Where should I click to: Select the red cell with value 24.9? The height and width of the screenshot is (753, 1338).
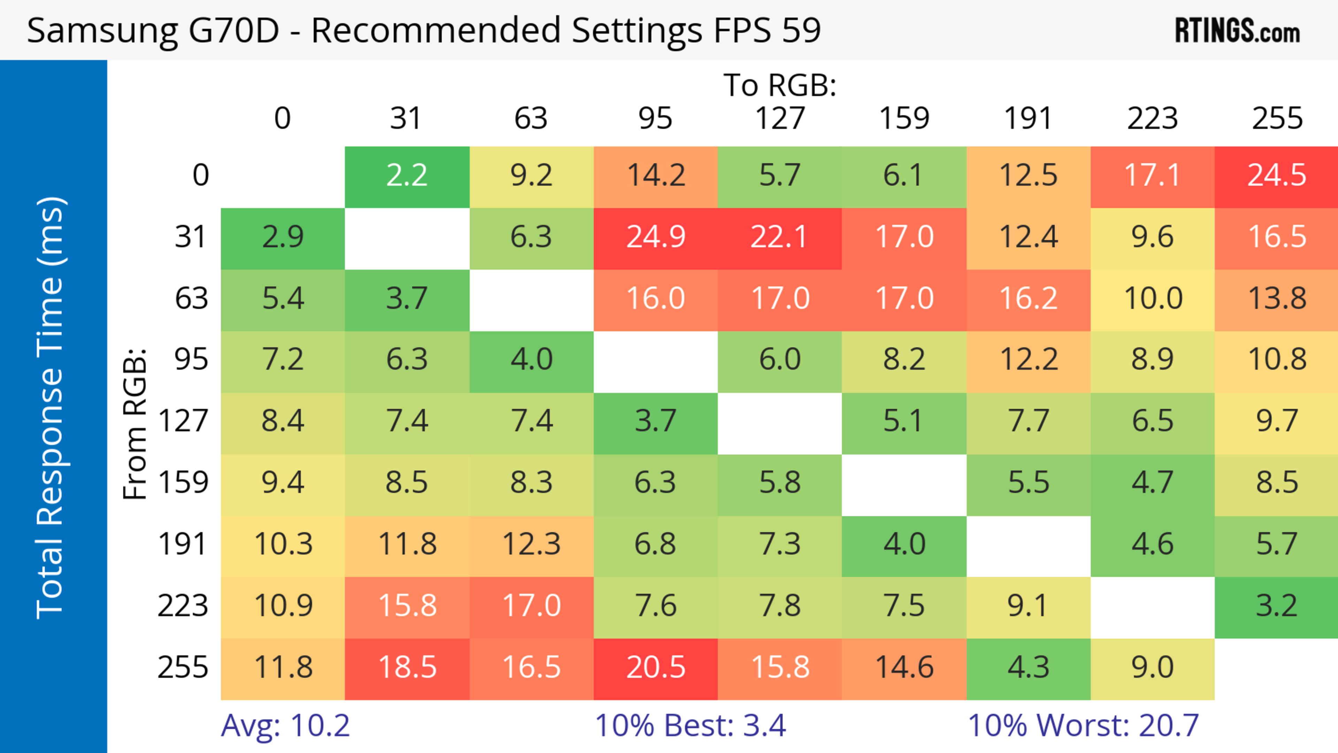coord(655,237)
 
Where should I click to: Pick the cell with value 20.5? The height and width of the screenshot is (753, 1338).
coord(655,667)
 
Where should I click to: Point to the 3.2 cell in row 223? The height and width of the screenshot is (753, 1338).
coord(1276,606)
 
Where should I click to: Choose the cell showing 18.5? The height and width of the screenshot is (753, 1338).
coord(407,667)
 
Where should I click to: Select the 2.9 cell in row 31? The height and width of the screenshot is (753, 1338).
coord(283,237)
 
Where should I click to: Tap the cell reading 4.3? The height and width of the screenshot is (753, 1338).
coord(1028,667)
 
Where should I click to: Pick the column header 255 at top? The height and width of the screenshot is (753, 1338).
coord(1277,118)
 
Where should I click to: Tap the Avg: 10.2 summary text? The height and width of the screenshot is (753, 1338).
coord(285,725)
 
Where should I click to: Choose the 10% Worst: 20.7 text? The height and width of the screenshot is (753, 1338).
coord(1083,725)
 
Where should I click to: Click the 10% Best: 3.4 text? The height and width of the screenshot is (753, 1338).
coord(690,725)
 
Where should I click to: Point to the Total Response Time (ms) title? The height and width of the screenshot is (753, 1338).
coord(51,408)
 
